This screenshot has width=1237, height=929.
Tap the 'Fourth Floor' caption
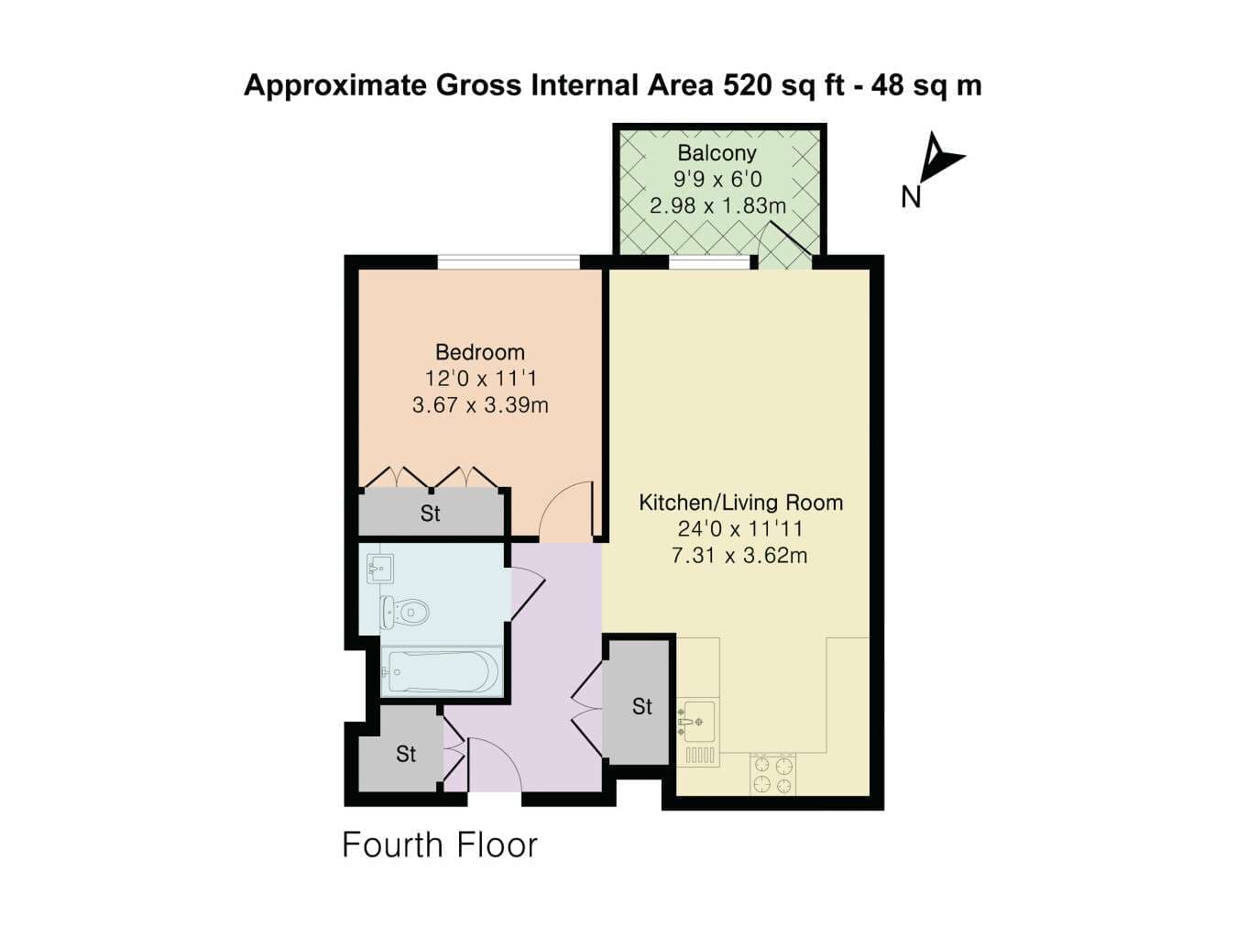tap(440, 845)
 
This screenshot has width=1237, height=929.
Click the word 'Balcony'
tap(717, 153)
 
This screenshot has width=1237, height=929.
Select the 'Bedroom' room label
tap(480, 352)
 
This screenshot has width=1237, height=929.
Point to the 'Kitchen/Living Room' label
tap(740, 502)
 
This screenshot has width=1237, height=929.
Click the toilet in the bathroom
tap(405, 612)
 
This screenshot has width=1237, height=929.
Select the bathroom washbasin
tap(380, 568)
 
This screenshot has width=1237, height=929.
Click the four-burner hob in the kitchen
tap(773, 774)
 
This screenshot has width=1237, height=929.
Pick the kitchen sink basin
tap(696, 722)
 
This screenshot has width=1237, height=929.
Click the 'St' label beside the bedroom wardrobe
tap(430, 514)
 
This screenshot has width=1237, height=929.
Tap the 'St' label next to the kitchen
tap(642, 706)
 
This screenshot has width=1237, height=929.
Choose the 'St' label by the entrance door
tap(406, 754)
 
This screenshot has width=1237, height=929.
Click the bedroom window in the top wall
tap(509, 262)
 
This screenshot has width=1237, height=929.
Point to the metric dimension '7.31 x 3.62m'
tap(739, 556)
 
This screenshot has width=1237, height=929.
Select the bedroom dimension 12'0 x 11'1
tap(481, 379)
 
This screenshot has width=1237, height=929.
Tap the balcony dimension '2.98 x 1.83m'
tap(717, 205)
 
